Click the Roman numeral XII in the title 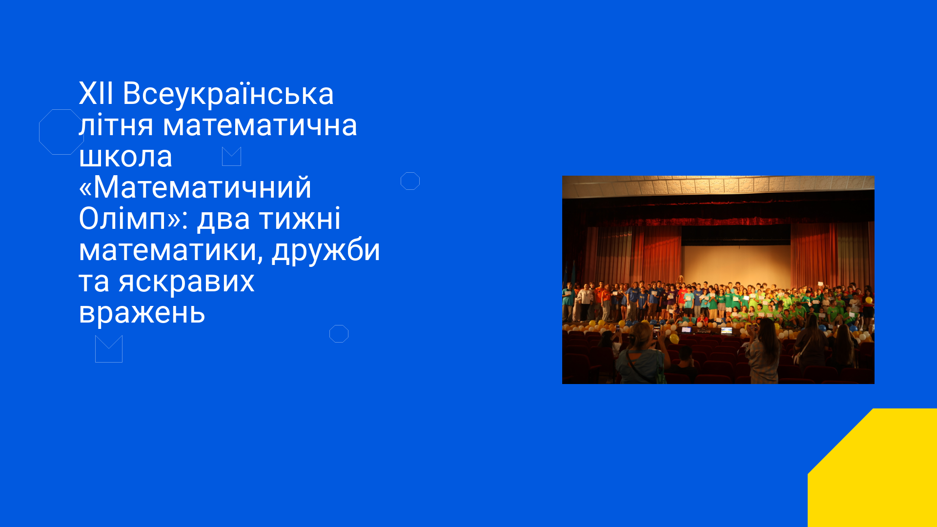(96, 93)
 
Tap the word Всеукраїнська (228, 93)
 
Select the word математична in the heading (260, 125)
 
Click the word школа (125, 156)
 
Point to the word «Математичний (195, 187)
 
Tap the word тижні (300, 219)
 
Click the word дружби (326, 250)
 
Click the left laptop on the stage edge (686, 330)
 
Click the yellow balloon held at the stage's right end (869, 300)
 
